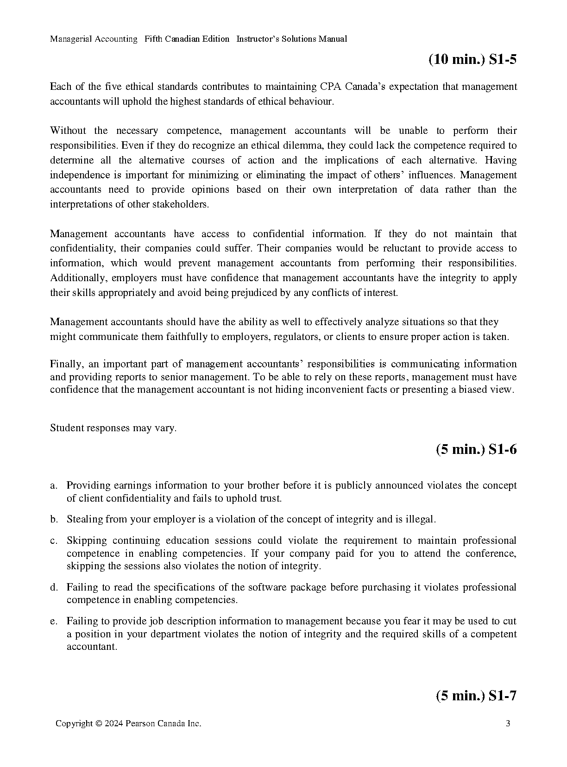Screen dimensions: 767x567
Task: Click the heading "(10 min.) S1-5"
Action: (x=472, y=60)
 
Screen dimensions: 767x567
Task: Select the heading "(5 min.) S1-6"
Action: (x=476, y=449)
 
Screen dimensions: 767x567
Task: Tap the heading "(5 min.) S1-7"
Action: (x=476, y=696)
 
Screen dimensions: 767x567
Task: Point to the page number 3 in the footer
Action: (x=508, y=723)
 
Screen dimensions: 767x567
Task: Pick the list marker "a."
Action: (x=54, y=485)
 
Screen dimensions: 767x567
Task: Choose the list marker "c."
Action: (x=54, y=541)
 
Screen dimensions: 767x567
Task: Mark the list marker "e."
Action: (x=54, y=621)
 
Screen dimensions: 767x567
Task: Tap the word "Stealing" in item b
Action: (x=85, y=519)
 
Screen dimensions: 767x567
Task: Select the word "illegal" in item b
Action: (x=420, y=519)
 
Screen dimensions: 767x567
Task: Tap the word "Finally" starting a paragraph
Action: (x=66, y=364)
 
